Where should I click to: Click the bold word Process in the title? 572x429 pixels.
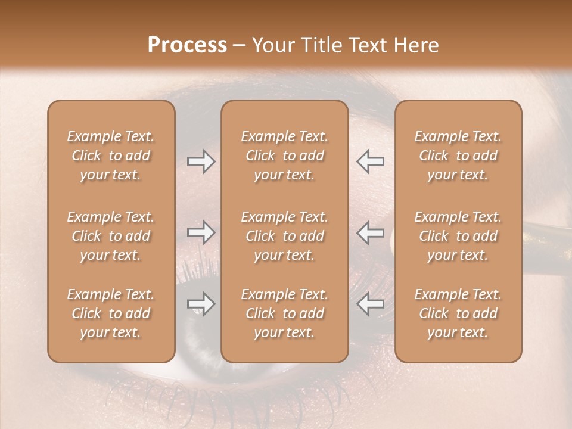pyautogui.click(x=187, y=45)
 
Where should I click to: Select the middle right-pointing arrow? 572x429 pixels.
pyautogui.click(x=201, y=232)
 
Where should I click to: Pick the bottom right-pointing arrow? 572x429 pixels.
pyautogui.click(x=201, y=304)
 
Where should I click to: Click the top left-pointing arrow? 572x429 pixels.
pyautogui.click(x=371, y=161)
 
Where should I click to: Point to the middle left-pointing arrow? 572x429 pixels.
pyautogui.click(x=371, y=232)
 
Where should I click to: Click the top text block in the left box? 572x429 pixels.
pyautogui.click(x=111, y=156)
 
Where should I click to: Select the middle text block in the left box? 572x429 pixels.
pyautogui.click(x=111, y=236)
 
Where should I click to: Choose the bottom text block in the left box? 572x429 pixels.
pyautogui.click(x=111, y=313)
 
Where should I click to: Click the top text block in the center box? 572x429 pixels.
pyautogui.click(x=285, y=156)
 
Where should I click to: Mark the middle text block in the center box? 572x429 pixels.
pyautogui.click(x=285, y=236)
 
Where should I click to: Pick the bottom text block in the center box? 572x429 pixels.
pyautogui.click(x=285, y=313)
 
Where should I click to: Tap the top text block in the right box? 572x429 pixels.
pyautogui.click(x=458, y=156)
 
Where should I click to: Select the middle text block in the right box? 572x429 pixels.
pyautogui.click(x=458, y=236)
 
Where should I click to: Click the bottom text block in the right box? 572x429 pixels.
pyautogui.click(x=458, y=313)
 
